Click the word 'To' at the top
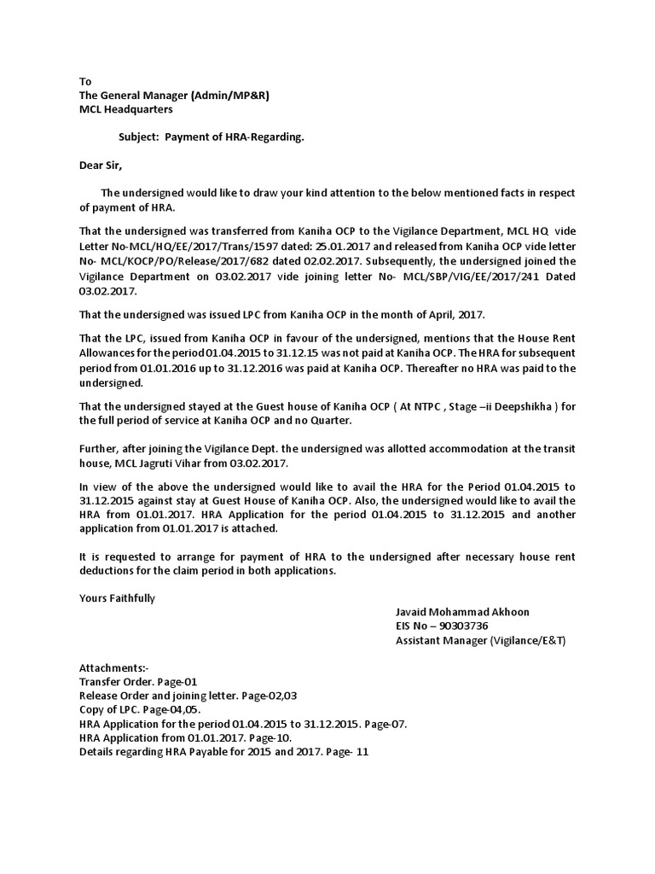pyautogui.click(x=85, y=81)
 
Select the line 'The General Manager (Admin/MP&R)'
pyautogui.click(x=174, y=96)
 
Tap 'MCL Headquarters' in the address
pyautogui.click(x=125, y=109)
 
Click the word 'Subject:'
pyautogui.click(x=138, y=137)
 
